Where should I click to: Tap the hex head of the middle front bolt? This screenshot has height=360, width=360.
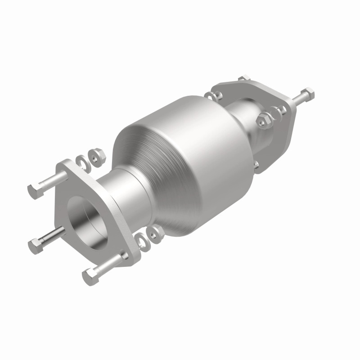pyautogui.click(x=35, y=246)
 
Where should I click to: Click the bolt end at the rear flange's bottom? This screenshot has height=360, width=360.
pyautogui.click(x=256, y=165)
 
